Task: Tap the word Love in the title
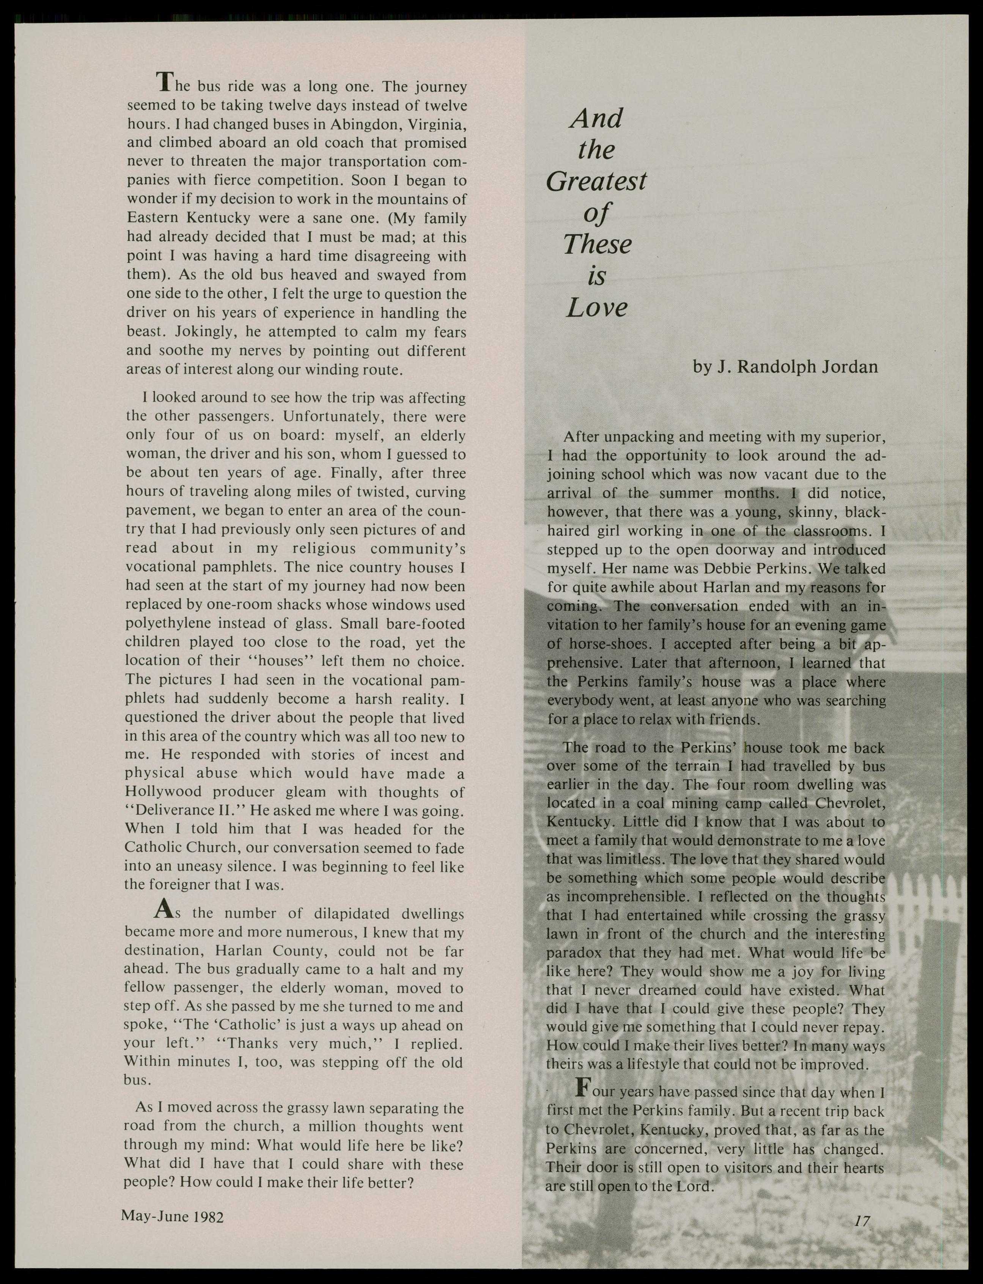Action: [596, 308]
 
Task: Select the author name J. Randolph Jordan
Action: [785, 367]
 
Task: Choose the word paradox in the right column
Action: [572, 953]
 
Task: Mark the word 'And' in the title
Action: [596, 119]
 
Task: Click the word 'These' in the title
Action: [598, 245]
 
